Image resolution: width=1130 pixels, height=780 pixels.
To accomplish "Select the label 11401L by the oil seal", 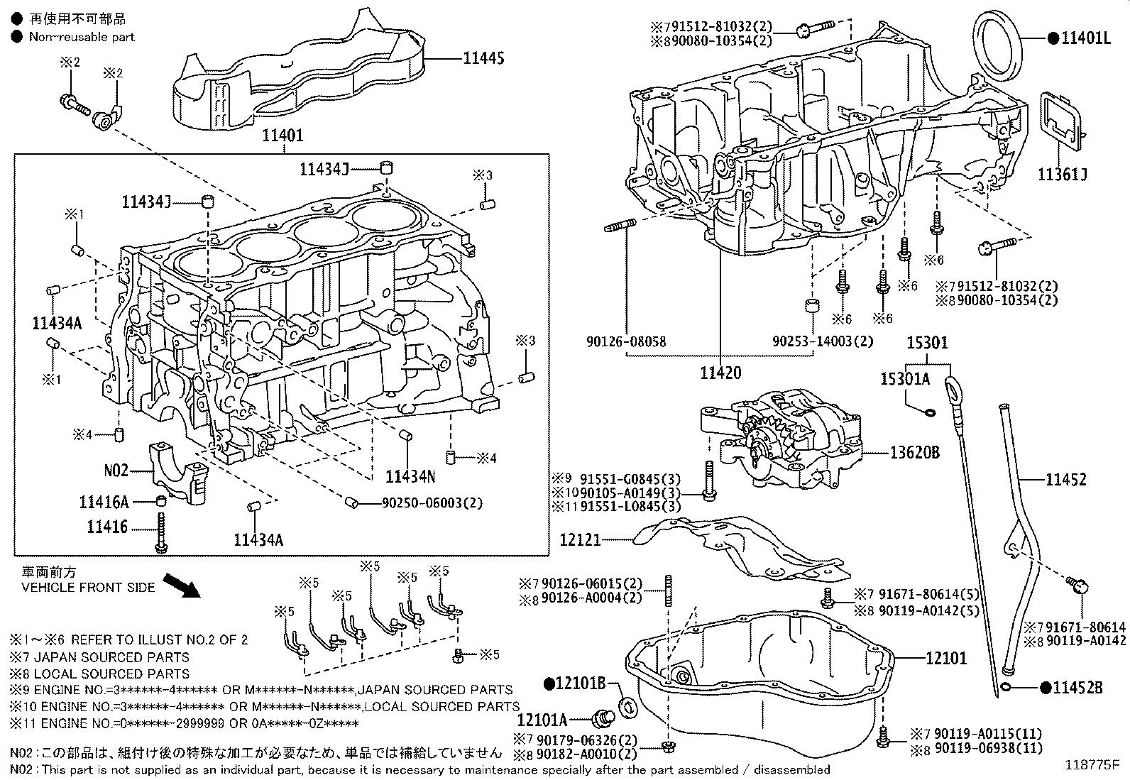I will [1085, 38].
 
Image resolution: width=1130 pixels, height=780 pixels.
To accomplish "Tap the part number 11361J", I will [1063, 174].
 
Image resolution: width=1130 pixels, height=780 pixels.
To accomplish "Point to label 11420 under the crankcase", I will [720, 373].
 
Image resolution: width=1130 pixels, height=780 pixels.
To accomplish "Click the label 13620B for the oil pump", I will [916, 451].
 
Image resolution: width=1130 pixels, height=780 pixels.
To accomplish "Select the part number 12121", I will [580, 540].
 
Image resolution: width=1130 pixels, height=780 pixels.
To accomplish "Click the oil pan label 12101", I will [946, 659].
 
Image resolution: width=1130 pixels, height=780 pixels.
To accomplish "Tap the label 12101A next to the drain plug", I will [561, 720].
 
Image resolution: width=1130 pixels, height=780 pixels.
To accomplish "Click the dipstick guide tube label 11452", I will [1065, 480].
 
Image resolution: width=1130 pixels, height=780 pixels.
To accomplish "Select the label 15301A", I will [905, 379].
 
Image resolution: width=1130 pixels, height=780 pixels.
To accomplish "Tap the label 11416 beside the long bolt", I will [107, 527].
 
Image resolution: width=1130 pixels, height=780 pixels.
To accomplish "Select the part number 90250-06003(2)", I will [432, 503].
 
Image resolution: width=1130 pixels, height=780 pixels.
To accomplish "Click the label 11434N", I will [410, 476].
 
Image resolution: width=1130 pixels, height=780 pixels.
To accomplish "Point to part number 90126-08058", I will [626, 341].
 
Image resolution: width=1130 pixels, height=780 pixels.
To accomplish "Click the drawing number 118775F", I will [1091, 764].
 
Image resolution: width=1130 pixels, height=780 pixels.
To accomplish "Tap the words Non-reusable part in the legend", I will [82, 37].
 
